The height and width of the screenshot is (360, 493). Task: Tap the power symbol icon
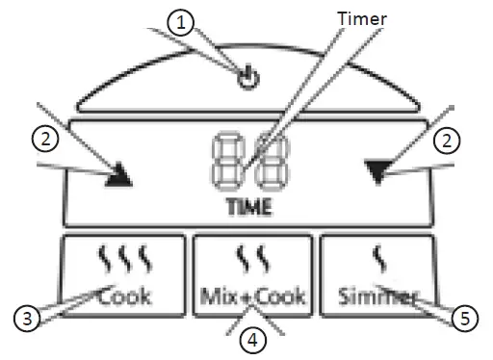pos(249,81)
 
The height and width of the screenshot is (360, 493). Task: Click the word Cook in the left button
pos(125,296)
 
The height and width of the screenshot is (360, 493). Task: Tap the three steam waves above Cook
pos(126,259)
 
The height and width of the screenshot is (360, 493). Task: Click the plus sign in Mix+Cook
pos(246,298)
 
